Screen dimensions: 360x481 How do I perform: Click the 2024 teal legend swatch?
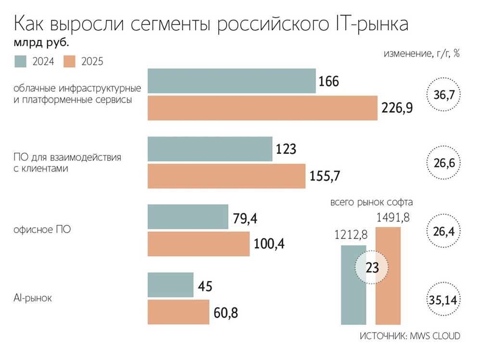21,61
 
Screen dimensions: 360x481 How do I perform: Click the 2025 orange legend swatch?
70,61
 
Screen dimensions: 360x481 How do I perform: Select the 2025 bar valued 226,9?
263,108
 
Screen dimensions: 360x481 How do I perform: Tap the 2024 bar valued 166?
231,81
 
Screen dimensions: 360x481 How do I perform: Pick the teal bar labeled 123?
210,149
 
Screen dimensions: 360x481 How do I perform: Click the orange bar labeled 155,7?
226,176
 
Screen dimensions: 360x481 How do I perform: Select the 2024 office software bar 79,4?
188,217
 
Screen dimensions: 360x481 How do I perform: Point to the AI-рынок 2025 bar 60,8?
178,312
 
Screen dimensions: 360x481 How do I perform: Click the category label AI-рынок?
33,298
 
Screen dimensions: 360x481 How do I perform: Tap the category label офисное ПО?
43,230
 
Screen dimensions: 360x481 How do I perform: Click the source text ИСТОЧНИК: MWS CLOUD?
410,336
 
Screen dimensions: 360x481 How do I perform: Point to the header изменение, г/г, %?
421,53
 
